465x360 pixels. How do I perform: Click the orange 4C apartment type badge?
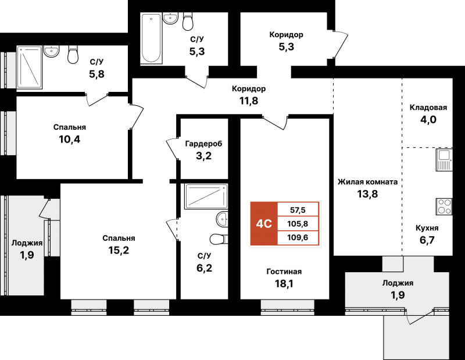point(264,224)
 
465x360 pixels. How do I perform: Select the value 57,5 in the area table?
point(298,210)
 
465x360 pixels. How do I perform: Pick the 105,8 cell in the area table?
point(298,224)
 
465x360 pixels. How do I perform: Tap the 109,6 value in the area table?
point(298,238)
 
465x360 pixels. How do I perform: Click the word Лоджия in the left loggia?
point(27,243)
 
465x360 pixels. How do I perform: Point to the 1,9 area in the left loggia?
point(27,255)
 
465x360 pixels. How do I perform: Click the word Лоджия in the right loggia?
point(398,283)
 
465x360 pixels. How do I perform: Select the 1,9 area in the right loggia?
point(398,295)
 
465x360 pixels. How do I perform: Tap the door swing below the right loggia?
point(416,318)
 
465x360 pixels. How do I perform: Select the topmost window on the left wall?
point(8,70)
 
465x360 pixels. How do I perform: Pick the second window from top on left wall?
point(8,133)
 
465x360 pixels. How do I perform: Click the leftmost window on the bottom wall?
point(89,308)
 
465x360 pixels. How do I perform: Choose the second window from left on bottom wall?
point(151,308)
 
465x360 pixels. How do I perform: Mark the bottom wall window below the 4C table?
point(287,308)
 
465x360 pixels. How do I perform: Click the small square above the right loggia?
point(392,263)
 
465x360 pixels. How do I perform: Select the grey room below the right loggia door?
point(416,340)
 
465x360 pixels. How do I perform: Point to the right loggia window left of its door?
point(375,311)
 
